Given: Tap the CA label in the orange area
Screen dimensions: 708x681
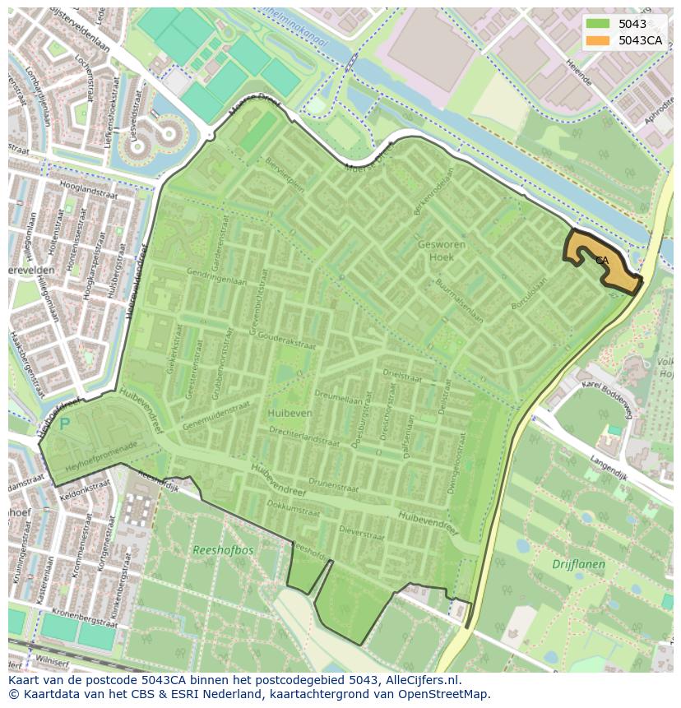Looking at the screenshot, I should [x=602, y=260].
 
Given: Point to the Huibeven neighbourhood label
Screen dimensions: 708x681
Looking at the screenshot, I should [x=290, y=413].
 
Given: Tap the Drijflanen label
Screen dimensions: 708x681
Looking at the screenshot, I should [x=578, y=564].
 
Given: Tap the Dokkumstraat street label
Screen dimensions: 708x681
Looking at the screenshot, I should [x=294, y=509].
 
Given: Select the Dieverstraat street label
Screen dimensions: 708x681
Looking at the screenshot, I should [x=362, y=533].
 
